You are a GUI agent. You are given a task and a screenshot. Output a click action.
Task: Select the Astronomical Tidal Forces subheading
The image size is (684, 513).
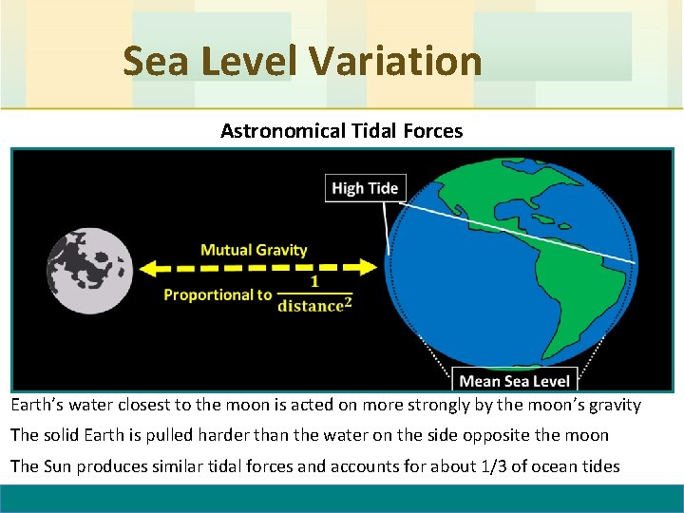coord(341,131)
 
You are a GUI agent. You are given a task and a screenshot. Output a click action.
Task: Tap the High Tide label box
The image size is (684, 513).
coord(364,188)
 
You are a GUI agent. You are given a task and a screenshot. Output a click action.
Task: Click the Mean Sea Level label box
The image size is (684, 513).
coord(514,381)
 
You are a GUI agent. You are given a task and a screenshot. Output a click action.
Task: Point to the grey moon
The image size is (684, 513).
coord(89,270)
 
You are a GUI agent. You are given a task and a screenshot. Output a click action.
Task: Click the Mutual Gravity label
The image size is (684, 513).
coord(254,250)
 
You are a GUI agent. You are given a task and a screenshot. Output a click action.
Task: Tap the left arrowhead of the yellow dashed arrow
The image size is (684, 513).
coord(148,269)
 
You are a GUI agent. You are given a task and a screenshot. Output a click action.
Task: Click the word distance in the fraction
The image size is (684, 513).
coord(310,306)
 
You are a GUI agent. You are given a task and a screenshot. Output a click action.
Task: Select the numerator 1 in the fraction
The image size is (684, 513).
coord(314,282)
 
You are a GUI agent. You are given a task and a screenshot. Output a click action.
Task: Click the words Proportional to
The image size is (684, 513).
coord(218,294)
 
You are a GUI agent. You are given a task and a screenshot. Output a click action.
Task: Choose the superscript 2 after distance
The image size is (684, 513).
coord(348,301)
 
